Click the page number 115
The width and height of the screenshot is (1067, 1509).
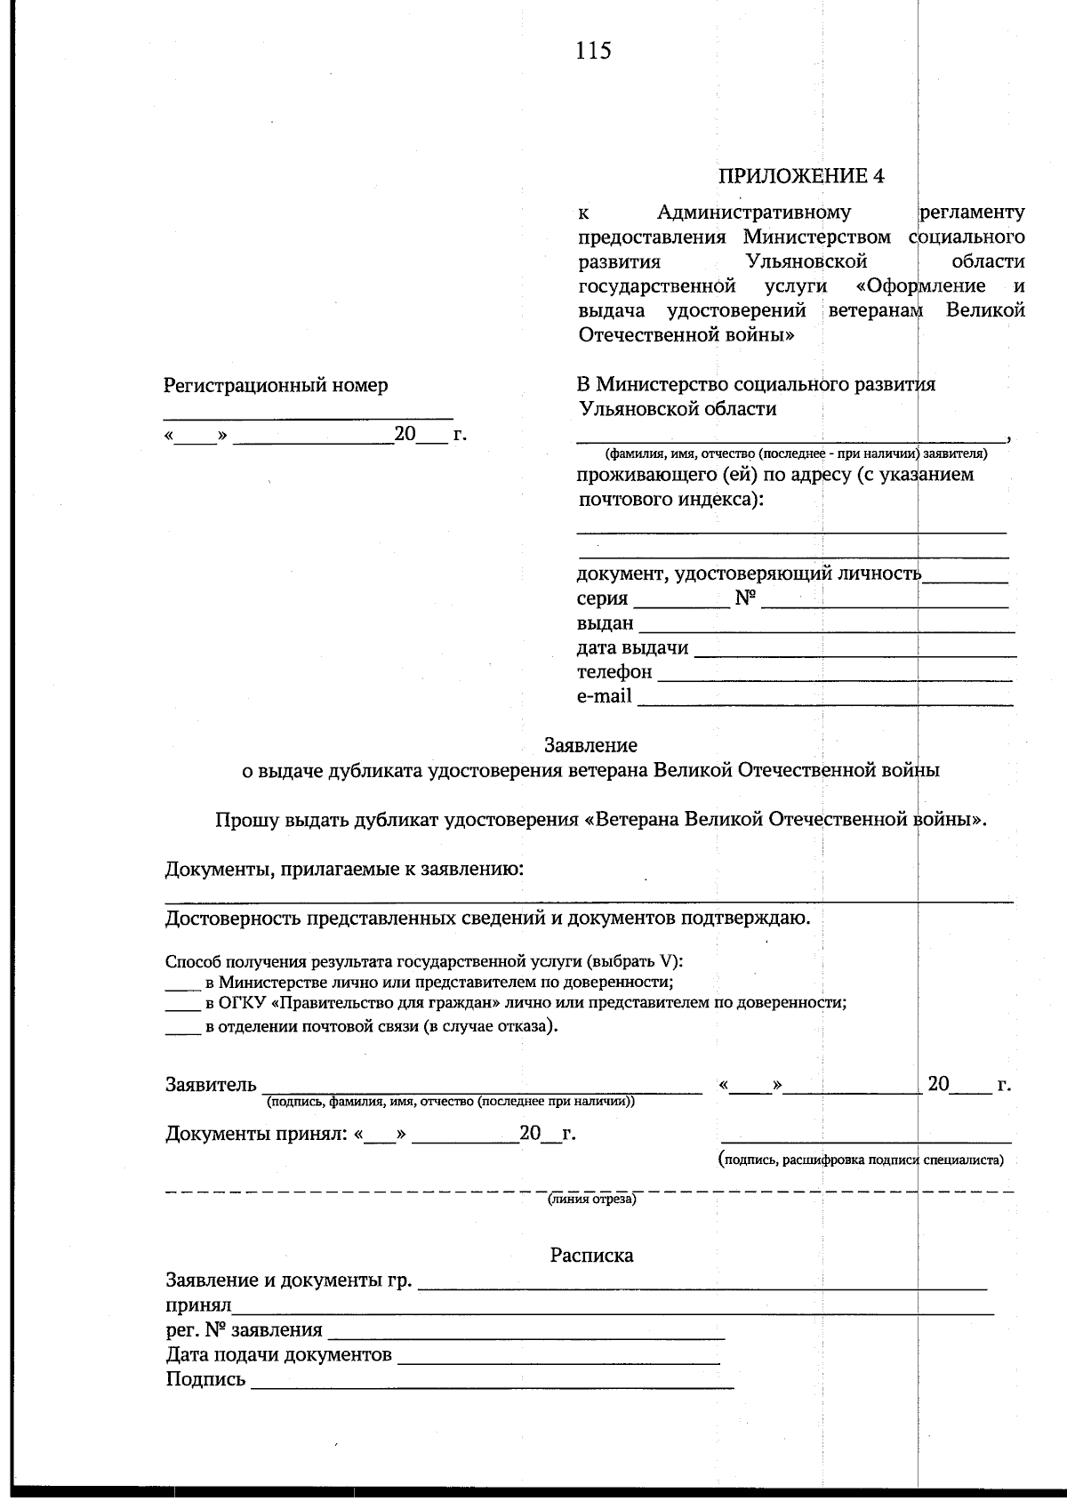tap(593, 51)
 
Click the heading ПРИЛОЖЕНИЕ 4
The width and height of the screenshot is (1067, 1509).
tap(801, 175)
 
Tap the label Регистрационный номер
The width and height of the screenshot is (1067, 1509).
tap(276, 386)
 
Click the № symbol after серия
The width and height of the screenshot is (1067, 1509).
tap(745, 599)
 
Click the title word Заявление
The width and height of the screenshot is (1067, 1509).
tap(590, 745)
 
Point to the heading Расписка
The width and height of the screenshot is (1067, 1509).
tap(591, 1256)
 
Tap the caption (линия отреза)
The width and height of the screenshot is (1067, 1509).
tap(591, 1200)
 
